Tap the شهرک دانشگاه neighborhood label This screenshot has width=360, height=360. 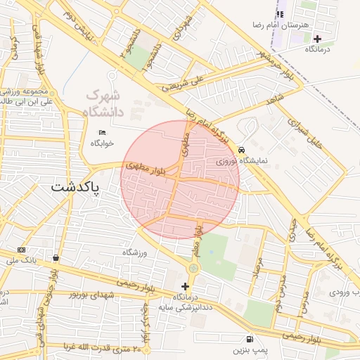103,103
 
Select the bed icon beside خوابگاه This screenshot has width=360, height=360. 103,132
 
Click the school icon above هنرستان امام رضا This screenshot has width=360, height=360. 280,14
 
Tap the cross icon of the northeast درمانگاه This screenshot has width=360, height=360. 317,39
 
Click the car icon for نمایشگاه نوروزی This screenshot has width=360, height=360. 241,150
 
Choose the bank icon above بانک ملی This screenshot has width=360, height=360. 21,250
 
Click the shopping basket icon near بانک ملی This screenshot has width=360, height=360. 56,257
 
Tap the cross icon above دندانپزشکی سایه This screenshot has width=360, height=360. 186,286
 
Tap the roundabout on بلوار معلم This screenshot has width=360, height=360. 193,268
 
